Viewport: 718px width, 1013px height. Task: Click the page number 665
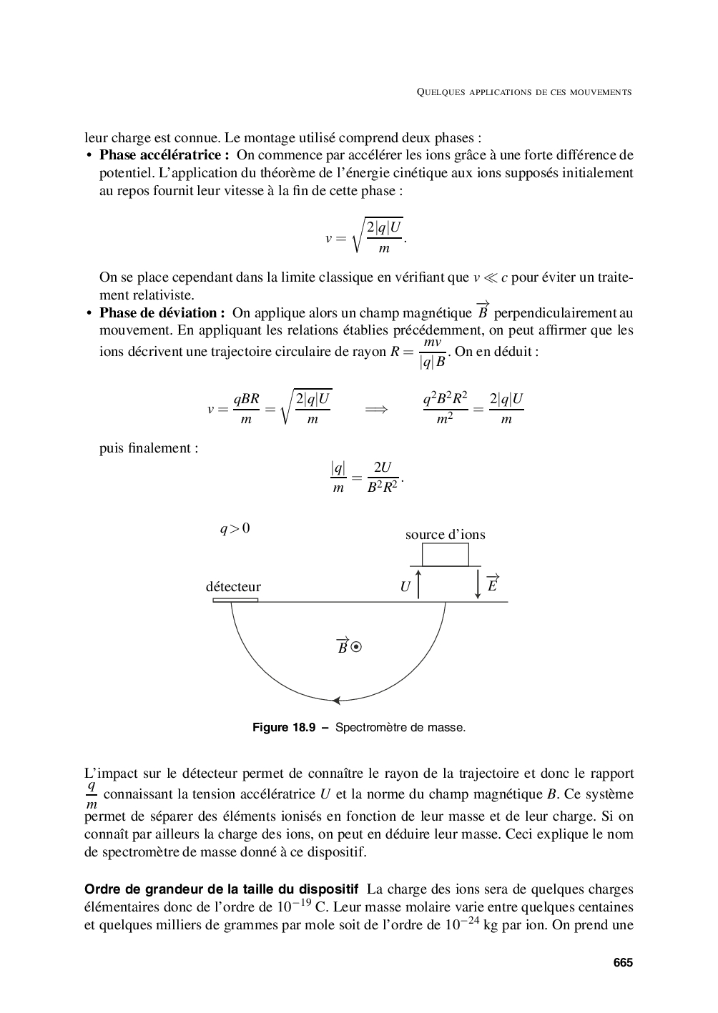623,962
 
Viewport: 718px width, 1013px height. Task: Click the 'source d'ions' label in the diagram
445,535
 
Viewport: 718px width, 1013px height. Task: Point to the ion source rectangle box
445,555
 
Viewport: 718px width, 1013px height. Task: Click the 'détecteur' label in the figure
233,587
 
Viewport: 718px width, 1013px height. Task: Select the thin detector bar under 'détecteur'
235,600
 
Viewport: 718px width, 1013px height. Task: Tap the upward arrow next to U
419,583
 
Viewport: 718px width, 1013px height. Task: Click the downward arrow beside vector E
478,583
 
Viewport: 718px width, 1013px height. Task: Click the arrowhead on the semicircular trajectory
337,701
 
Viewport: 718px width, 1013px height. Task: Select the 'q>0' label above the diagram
235,529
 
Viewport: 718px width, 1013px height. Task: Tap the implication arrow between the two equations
376,409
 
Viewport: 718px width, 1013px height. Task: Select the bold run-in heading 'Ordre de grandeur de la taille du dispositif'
221,890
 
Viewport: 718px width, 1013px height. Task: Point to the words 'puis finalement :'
149,448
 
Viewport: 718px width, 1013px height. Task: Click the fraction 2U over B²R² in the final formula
383,478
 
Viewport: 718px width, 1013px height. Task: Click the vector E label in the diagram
492,583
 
